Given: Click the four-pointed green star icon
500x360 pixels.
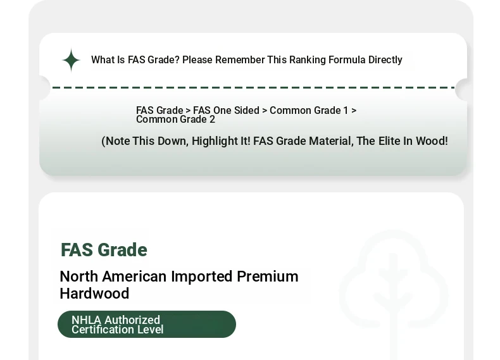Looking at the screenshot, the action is [71, 60].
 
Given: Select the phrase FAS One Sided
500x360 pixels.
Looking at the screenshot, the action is [226, 110].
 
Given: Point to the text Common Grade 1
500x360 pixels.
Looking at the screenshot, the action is [309, 110].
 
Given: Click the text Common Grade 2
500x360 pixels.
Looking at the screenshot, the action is [176, 120].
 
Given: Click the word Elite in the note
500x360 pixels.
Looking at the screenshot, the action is [389, 141].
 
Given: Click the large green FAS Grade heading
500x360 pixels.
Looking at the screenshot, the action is [104, 250].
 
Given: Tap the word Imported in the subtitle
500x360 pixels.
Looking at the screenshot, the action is [202, 276].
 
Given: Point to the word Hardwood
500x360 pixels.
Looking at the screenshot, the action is [94, 294].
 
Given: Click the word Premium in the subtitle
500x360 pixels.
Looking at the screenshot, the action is [268, 276].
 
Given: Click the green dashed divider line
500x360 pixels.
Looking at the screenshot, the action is [254, 87].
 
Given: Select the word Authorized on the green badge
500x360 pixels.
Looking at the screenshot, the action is [132, 320].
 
